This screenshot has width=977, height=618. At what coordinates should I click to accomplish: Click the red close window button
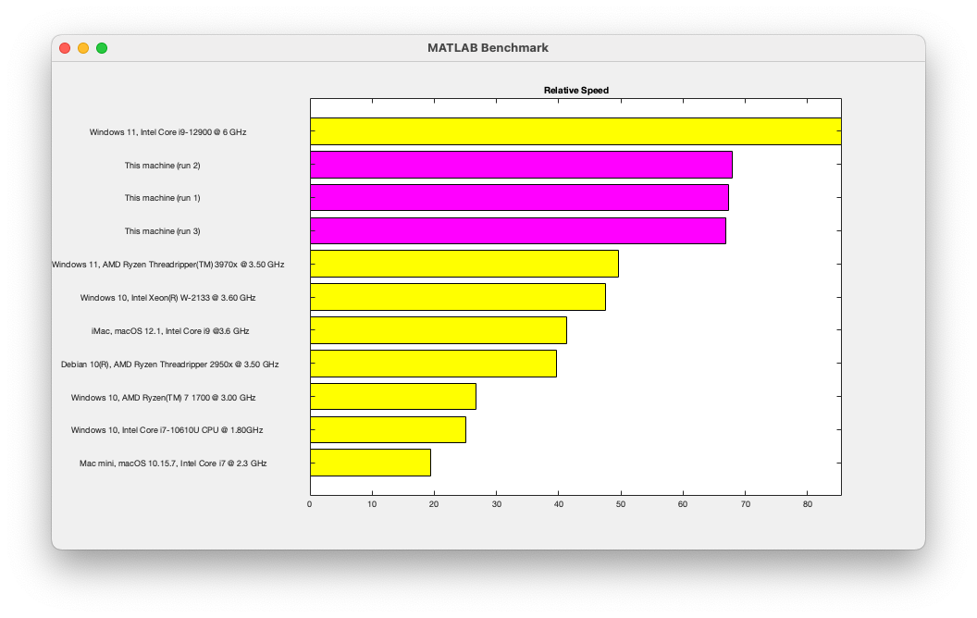point(65,48)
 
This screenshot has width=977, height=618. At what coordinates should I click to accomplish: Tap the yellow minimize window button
point(83,48)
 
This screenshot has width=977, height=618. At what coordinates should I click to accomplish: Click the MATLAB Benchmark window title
point(488,48)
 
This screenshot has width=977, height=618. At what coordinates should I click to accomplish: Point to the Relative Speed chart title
point(575,90)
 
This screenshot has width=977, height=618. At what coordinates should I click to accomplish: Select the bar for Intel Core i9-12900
point(575,131)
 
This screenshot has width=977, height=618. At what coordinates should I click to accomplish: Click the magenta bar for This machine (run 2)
point(521,165)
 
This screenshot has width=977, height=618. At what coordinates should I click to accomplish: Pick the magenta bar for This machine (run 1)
point(519,198)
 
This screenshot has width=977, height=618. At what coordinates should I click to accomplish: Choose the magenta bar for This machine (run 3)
point(517,230)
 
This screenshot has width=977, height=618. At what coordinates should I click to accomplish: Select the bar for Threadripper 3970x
point(464,264)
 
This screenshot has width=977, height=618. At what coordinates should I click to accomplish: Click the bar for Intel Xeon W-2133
point(457,297)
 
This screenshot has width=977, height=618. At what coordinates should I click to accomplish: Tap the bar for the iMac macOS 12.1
point(438,330)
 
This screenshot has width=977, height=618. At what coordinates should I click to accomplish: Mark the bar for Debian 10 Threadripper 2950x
point(433,364)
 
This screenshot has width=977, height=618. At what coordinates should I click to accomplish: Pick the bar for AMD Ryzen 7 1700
point(392,396)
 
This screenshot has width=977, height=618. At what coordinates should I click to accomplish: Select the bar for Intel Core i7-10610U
point(388,429)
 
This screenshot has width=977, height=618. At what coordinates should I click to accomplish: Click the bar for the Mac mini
point(370,463)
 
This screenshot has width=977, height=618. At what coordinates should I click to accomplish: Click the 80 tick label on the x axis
point(808,504)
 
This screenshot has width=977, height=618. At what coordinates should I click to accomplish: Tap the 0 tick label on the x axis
point(310,504)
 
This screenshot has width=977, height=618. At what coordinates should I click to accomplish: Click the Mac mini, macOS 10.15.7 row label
point(173,463)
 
